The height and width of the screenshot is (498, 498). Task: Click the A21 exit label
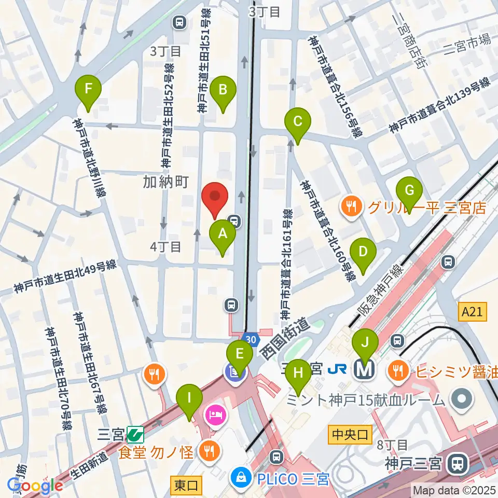(473, 312)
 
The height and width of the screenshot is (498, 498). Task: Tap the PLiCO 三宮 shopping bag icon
(240, 475)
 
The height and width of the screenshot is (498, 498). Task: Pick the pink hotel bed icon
(214, 414)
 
